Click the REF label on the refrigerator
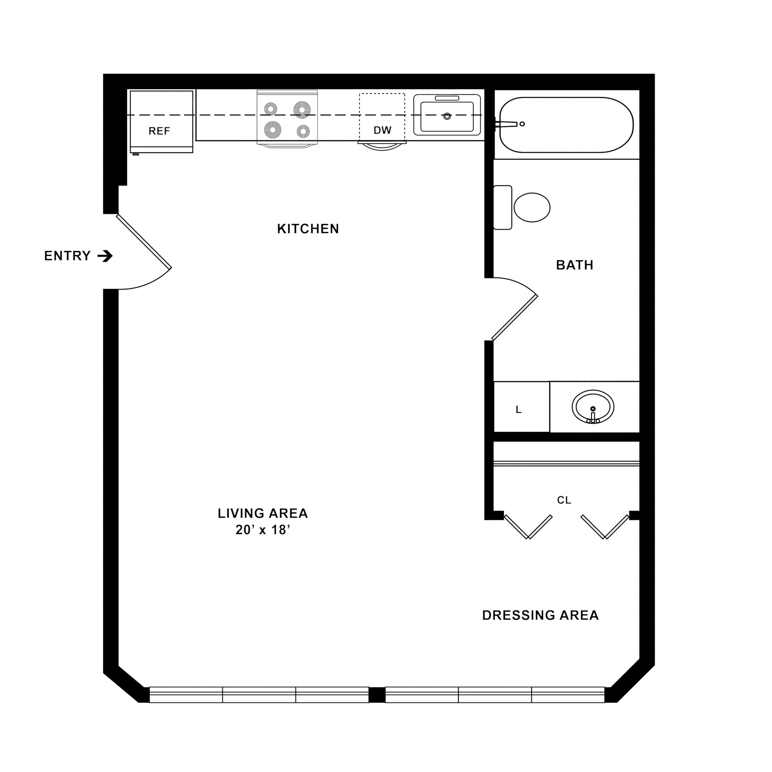[x=159, y=131]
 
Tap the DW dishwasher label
[x=382, y=130]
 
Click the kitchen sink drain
[x=447, y=116]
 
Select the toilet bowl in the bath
[x=532, y=207]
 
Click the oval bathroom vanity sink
[x=593, y=407]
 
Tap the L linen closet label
[x=519, y=410]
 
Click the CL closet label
[x=564, y=500]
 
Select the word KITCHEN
[x=308, y=229]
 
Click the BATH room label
[x=574, y=265]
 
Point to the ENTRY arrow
[x=106, y=256]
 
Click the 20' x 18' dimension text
[x=262, y=530]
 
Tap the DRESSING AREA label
[x=540, y=615]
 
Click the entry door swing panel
[x=144, y=242]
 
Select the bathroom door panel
[x=515, y=318]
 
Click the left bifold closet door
[x=528, y=527]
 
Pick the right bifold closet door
[x=605, y=527]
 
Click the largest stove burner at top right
[x=302, y=109]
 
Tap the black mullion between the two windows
[x=377, y=695]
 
